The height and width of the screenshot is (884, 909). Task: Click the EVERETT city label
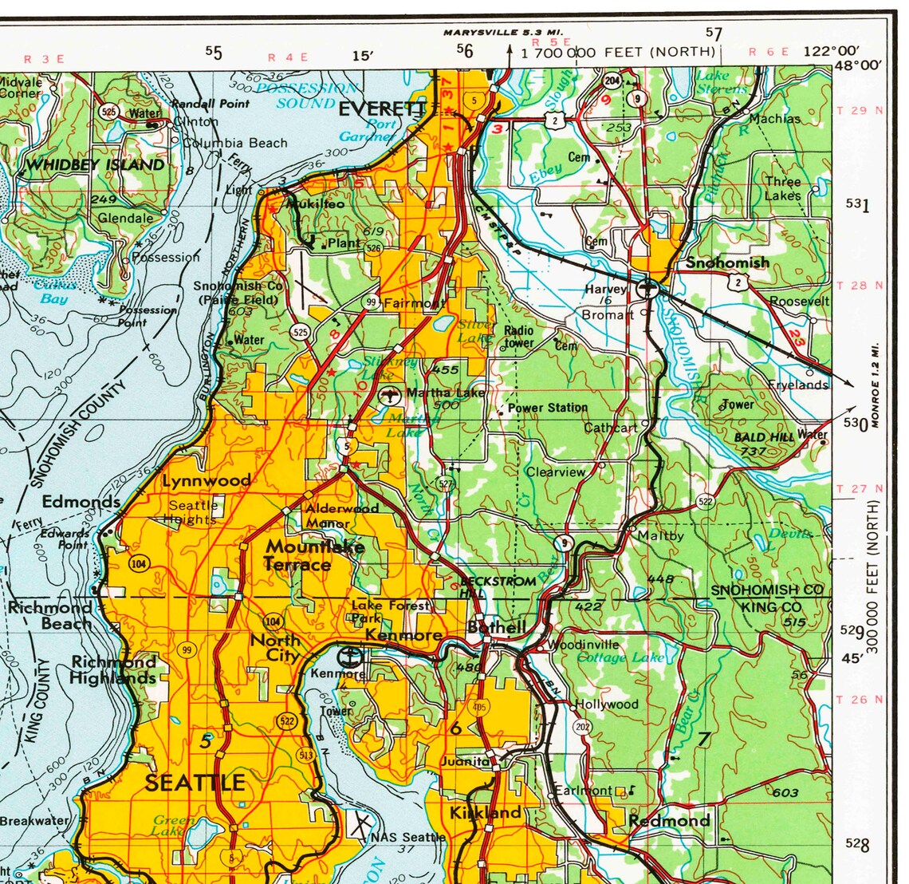[383, 109]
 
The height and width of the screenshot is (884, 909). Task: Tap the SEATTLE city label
[195, 783]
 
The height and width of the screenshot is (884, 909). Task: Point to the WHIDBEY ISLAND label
[95, 165]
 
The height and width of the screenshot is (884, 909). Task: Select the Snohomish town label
[727, 262]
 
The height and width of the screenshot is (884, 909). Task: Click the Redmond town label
[668, 821]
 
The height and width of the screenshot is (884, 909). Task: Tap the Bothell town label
[496, 627]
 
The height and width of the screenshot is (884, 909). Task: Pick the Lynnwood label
[206, 481]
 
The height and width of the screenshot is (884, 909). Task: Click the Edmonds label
[81, 502]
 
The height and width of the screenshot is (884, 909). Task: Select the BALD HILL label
[764, 437]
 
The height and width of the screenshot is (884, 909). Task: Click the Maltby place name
[660, 535]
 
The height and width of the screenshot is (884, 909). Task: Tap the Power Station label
[547, 408]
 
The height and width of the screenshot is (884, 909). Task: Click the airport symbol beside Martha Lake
[390, 394]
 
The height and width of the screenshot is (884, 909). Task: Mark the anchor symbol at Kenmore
[350, 658]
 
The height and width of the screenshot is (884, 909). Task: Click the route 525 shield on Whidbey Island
[109, 112]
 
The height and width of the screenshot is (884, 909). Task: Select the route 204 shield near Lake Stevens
[612, 81]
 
